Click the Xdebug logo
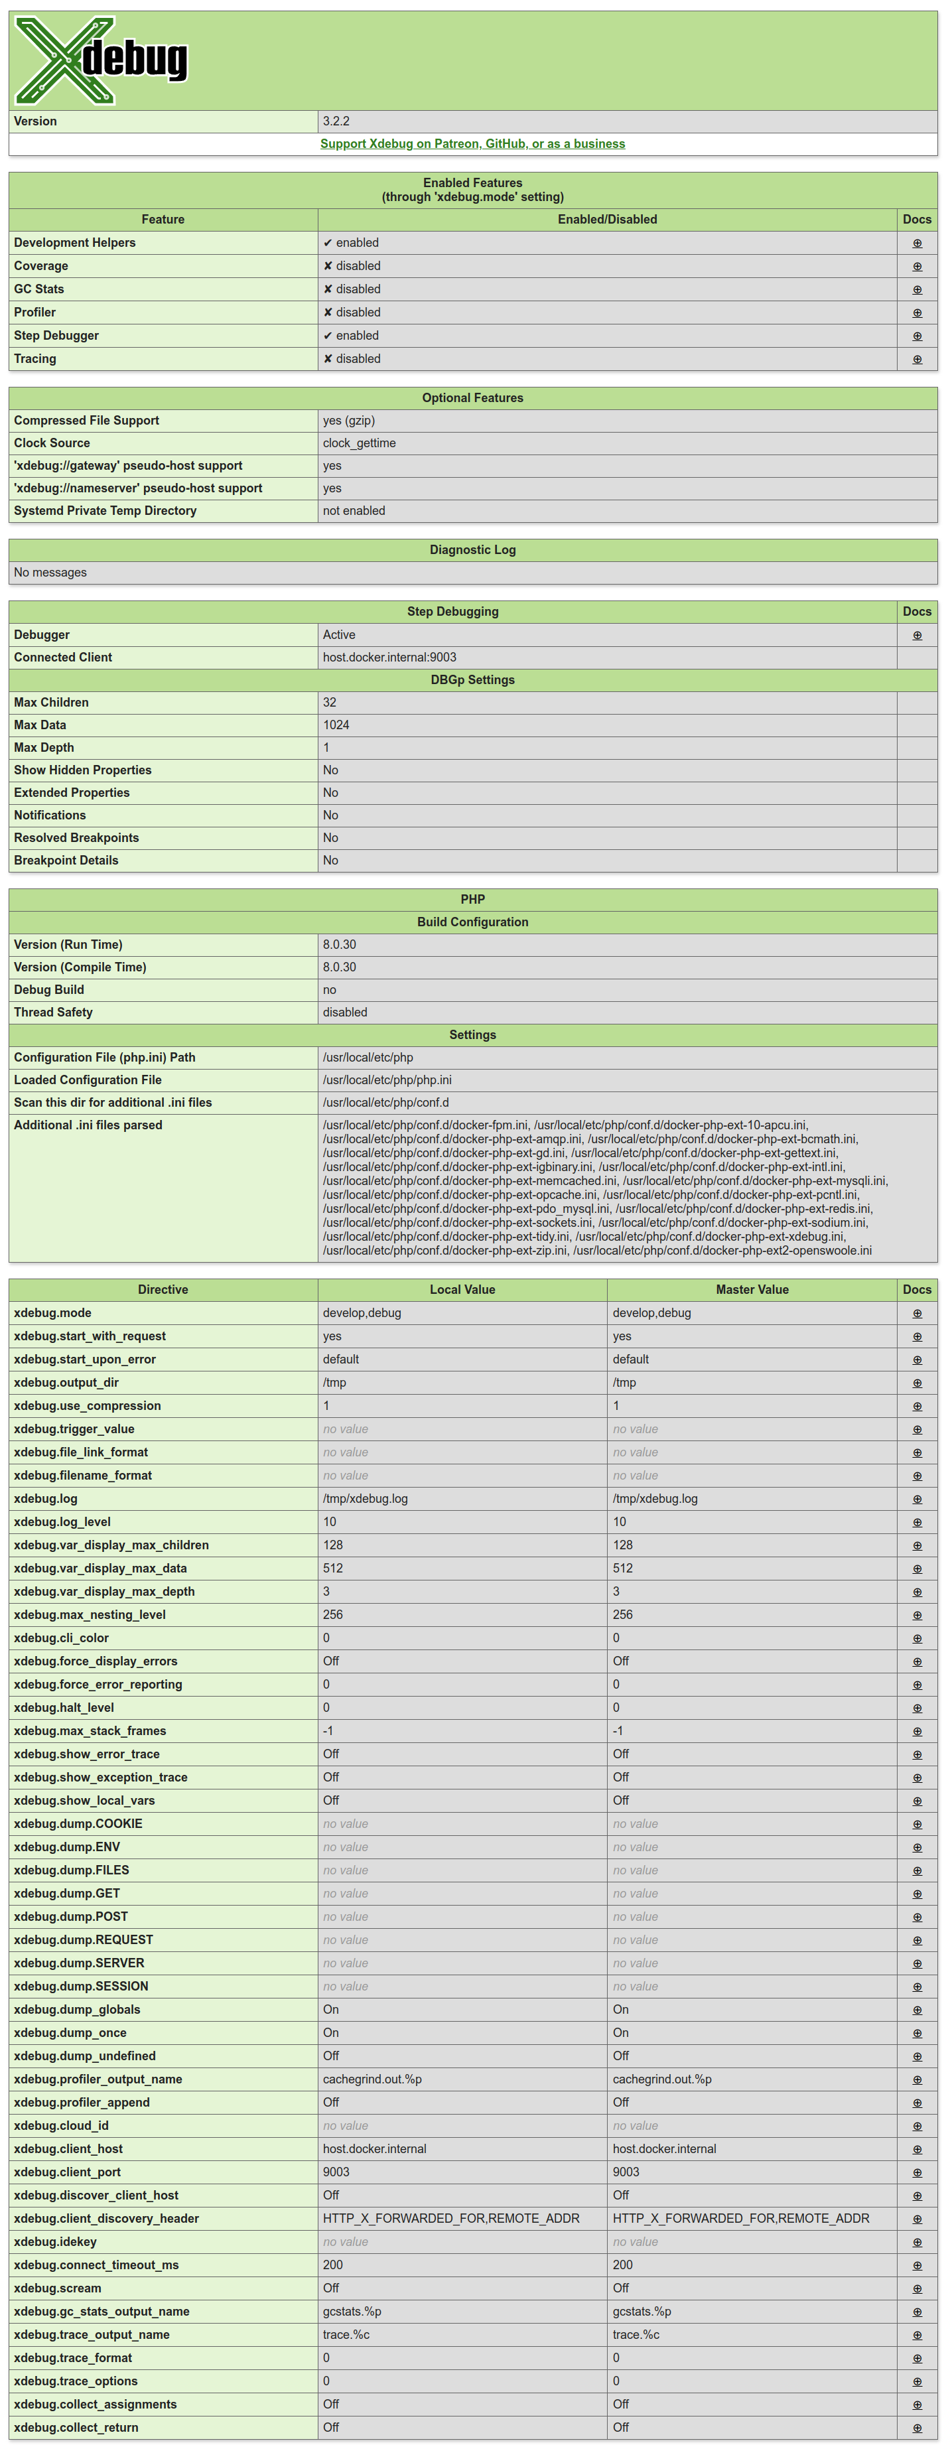(x=101, y=60)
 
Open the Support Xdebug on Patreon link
(x=472, y=143)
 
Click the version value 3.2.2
(x=336, y=121)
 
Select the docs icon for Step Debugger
(x=917, y=336)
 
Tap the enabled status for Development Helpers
(x=351, y=242)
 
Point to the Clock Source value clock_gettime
(x=360, y=443)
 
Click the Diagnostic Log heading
(x=472, y=549)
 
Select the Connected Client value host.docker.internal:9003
(x=389, y=657)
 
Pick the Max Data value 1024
(x=336, y=725)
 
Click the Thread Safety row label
(x=53, y=1012)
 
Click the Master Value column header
(x=752, y=1289)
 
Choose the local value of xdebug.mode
(x=362, y=1313)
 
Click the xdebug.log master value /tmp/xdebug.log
(x=655, y=1498)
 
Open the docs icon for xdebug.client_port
(x=917, y=2172)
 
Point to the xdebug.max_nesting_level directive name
(x=90, y=1614)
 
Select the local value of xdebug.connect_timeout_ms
(x=333, y=2265)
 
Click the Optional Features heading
(x=472, y=397)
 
